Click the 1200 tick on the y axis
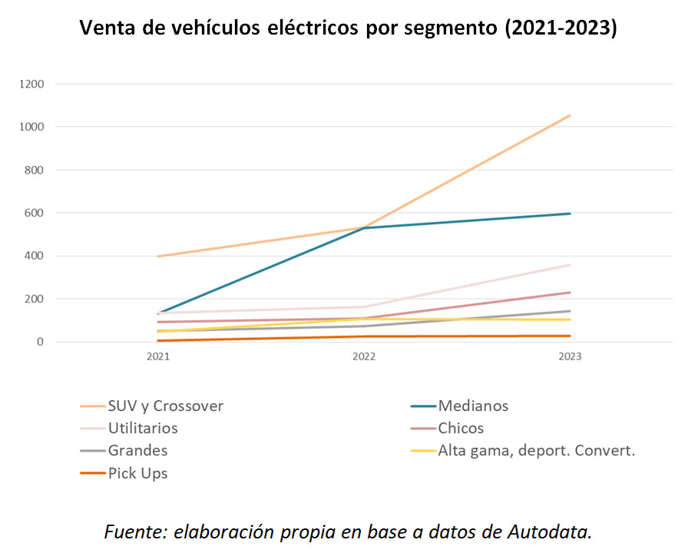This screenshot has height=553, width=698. click(34, 83)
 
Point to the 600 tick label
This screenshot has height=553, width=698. click(37, 213)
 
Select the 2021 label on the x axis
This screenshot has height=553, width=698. click(158, 357)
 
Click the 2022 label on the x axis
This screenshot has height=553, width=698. click(364, 357)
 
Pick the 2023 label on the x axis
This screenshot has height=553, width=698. click(570, 357)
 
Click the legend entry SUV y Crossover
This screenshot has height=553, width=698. click(165, 406)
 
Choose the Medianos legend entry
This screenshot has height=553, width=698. click(472, 406)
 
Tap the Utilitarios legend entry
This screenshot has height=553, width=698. click(143, 428)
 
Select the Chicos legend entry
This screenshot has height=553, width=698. click(461, 428)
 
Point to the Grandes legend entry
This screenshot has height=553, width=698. click(137, 450)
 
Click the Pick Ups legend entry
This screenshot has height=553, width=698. click(137, 473)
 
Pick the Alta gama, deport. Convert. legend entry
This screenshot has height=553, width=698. click(536, 450)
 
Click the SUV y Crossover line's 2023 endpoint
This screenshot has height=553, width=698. click(570, 116)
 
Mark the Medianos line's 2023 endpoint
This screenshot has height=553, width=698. click(570, 214)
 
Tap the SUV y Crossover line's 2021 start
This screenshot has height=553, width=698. click(158, 257)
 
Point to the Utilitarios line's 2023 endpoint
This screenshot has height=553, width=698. click(570, 265)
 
